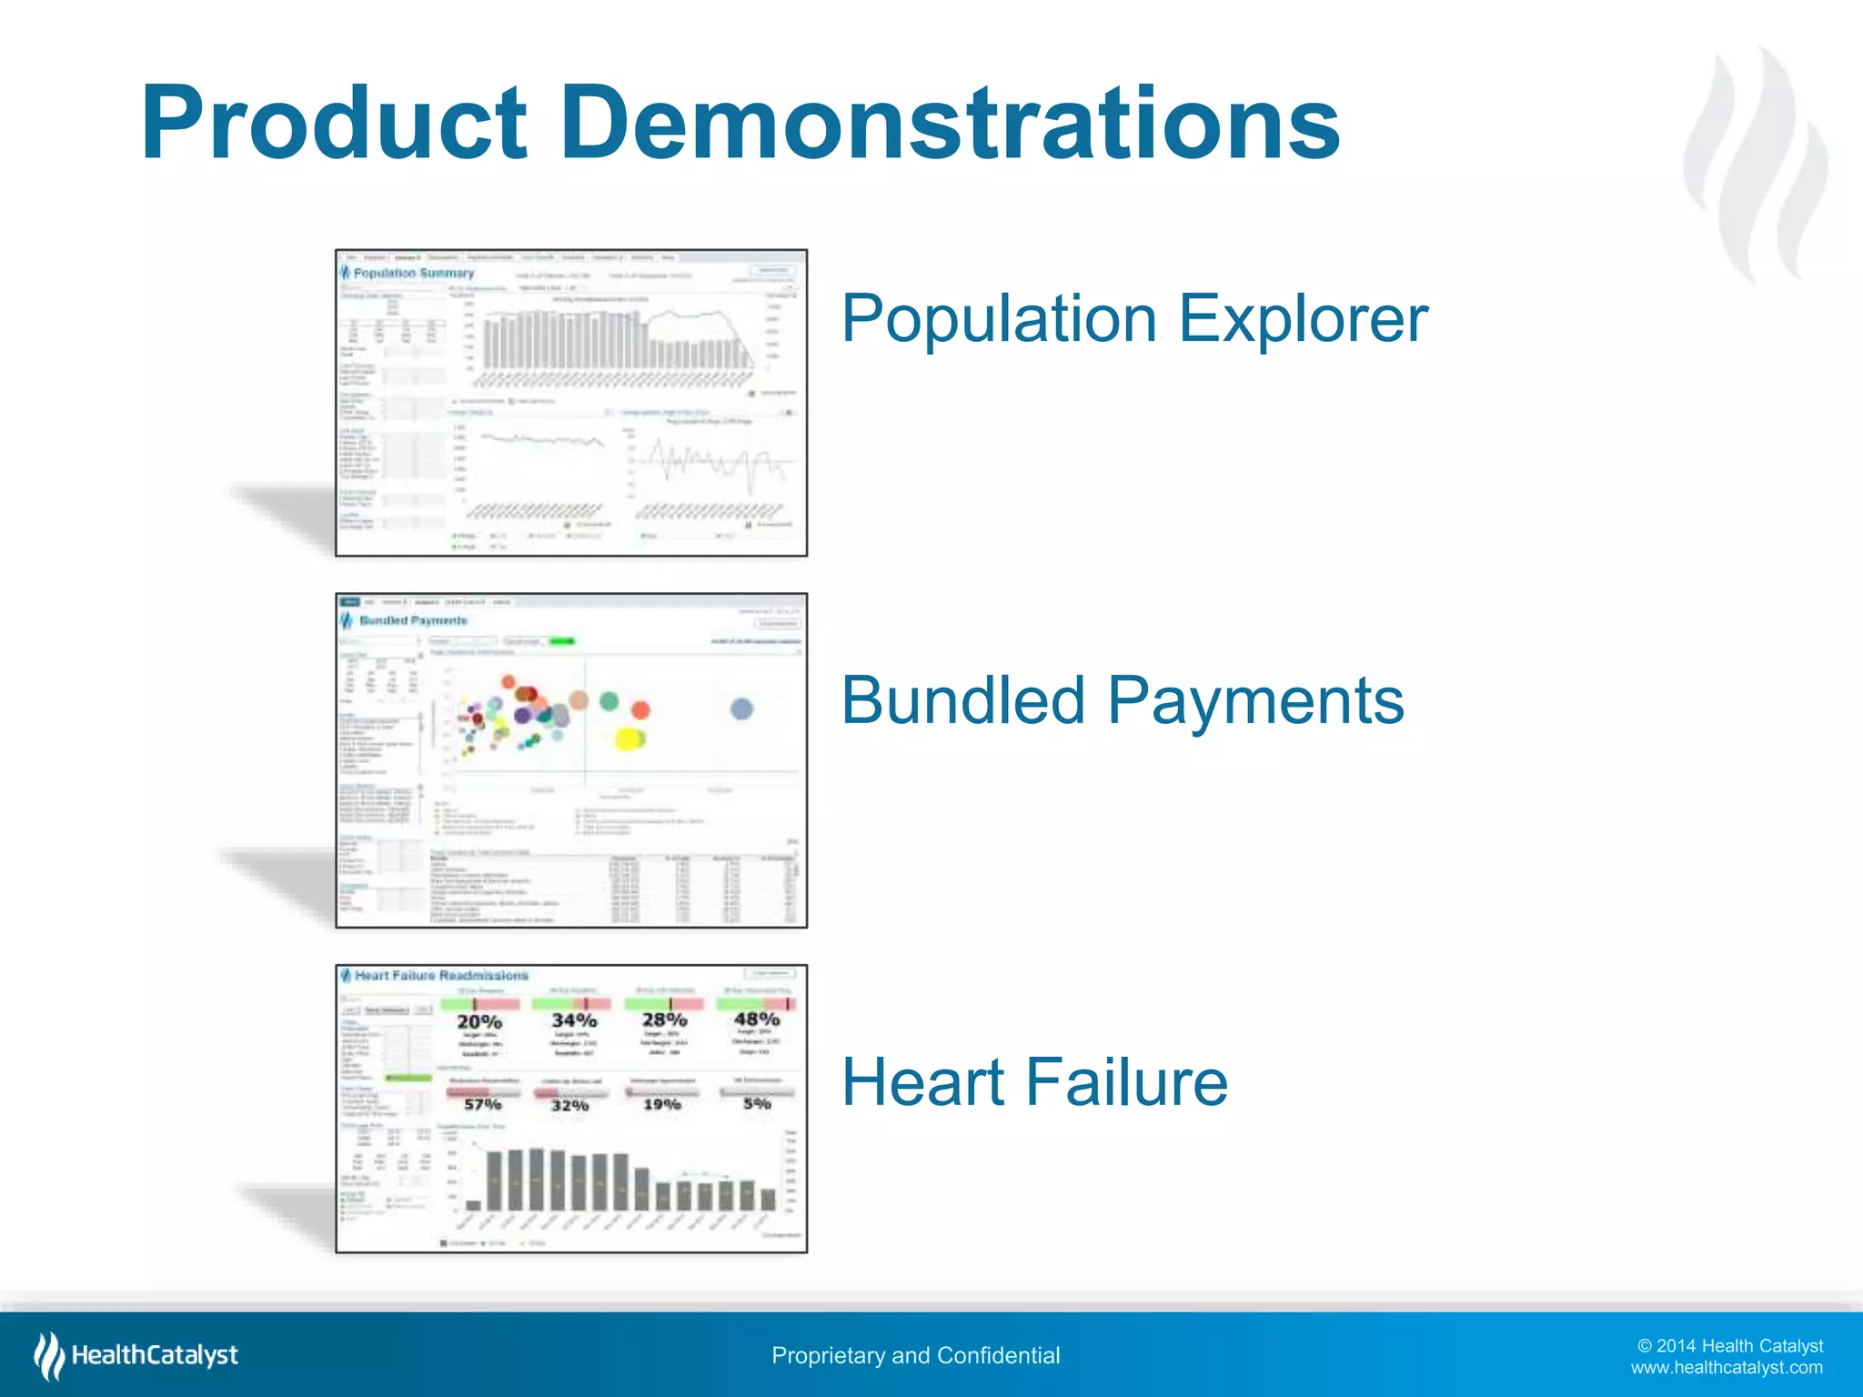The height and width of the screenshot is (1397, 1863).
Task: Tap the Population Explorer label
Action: point(1133,319)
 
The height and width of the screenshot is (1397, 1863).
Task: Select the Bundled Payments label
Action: point(1122,701)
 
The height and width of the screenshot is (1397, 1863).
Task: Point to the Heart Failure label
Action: point(1034,1082)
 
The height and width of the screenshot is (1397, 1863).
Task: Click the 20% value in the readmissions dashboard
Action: point(479,1022)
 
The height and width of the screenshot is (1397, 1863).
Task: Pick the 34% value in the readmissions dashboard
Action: point(574,1020)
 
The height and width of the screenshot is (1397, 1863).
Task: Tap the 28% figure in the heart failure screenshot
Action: point(664,1020)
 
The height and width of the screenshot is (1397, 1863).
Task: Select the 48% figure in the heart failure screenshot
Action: point(757,1019)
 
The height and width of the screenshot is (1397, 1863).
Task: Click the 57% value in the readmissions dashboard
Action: point(482,1104)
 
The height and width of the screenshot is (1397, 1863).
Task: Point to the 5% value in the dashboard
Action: point(757,1103)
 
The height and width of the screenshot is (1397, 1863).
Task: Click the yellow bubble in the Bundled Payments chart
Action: point(629,739)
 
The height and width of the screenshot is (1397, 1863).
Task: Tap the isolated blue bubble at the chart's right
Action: point(741,709)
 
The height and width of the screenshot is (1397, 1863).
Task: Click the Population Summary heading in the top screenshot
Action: point(414,273)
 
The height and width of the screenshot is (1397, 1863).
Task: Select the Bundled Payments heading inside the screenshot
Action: point(413,620)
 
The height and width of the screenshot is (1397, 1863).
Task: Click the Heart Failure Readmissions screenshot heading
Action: point(441,975)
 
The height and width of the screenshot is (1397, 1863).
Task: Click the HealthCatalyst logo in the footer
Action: point(136,1355)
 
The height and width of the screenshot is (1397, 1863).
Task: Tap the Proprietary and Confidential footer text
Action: point(915,1355)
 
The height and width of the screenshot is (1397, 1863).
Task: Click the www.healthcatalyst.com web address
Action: point(1726,1368)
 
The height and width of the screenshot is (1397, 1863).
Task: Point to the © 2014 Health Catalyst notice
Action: point(1729,1345)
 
